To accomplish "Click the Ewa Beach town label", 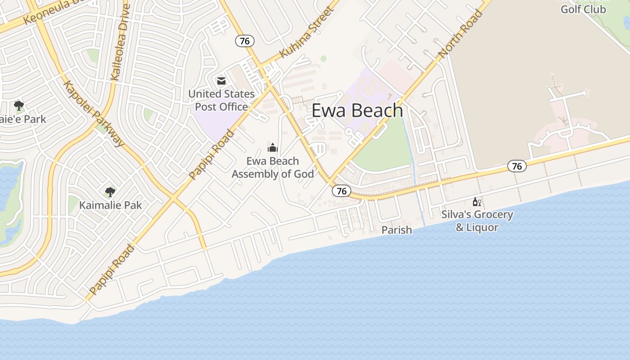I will click(357, 111).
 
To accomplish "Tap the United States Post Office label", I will click(221, 100).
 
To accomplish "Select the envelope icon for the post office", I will click(221, 81).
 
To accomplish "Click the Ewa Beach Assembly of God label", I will click(273, 167).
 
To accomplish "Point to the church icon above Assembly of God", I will click(273, 148).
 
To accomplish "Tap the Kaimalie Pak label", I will click(110, 205).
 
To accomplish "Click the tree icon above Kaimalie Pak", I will click(110, 192).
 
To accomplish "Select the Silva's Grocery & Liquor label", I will click(477, 220).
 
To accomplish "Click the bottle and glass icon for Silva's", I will click(477, 202).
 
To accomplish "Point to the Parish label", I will click(396, 230).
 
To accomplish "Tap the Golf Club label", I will click(583, 9).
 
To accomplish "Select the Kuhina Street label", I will click(306, 32).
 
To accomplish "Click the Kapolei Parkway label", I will click(94, 114).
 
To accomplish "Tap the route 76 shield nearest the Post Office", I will click(245, 41).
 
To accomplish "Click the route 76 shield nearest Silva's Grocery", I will click(517, 166).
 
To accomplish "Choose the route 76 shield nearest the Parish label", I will click(342, 191).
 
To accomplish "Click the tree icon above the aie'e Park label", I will click(19, 106).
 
